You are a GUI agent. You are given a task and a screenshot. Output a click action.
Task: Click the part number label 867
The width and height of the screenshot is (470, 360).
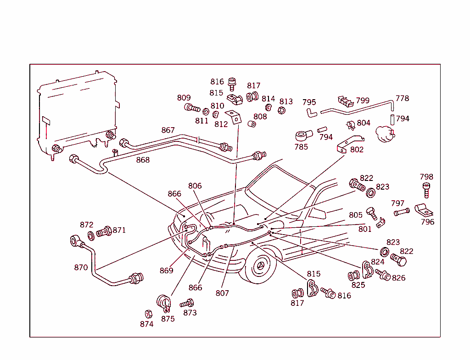[168, 130]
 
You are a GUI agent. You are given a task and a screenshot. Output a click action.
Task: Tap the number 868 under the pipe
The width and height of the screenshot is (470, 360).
[143, 160]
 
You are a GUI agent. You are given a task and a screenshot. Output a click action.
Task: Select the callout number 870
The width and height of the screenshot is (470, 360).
[81, 267]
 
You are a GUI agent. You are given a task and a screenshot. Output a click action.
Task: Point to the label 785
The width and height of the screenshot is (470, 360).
[301, 147]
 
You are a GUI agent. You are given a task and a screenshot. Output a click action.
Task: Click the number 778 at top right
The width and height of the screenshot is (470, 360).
[402, 98]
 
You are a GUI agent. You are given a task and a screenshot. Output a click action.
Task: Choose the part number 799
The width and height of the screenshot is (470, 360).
[363, 101]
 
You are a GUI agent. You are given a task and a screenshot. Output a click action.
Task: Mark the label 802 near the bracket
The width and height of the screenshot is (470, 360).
[357, 149]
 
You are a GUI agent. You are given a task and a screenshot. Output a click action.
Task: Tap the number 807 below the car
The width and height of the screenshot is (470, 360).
[222, 293]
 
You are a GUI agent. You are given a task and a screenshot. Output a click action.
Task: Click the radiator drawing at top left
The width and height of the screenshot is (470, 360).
[76, 112]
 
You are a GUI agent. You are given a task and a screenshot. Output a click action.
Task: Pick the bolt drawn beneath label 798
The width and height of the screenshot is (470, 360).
[426, 190]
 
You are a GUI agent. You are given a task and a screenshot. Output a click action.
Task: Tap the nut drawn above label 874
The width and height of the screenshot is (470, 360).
[148, 314]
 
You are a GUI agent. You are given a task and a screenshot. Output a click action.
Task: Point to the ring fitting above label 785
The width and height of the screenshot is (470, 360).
[303, 136]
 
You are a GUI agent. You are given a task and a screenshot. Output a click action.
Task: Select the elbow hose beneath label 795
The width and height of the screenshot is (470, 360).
[311, 112]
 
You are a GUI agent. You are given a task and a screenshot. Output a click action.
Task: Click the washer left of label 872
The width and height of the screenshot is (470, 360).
[91, 236]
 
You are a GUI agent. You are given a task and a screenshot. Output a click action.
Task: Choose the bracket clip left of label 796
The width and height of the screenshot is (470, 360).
[425, 210]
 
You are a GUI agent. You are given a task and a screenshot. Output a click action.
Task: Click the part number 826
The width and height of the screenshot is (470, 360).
[398, 278]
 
